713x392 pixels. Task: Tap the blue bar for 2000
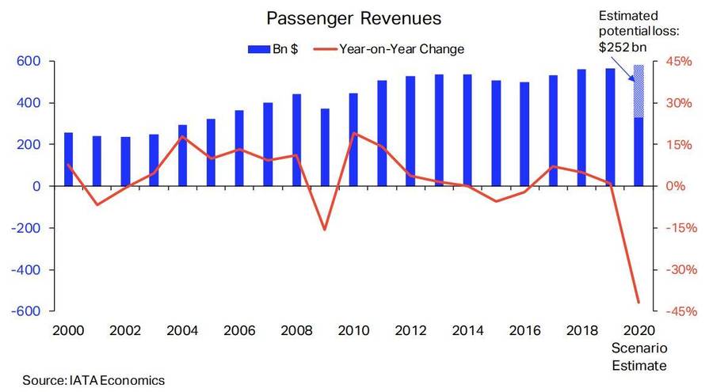point(68,159)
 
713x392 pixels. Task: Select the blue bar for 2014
point(467,130)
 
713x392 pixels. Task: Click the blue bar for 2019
point(610,127)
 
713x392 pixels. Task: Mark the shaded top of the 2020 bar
point(639,91)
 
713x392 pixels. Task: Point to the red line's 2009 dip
point(325,230)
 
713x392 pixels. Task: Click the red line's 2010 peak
point(353,133)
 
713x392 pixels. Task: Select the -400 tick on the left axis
point(28,270)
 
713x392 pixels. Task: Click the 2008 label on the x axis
point(296,329)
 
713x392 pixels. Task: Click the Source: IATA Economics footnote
point(93,380)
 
